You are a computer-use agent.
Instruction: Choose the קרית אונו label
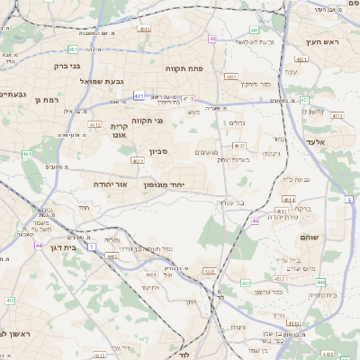(x=120, y=131)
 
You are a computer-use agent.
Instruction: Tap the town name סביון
(x=158, y=154)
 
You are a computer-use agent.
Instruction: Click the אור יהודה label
(x=108, y=184)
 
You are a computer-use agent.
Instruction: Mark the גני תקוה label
(x=147, y=120)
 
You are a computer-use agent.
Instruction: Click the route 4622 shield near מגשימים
(x=238, y=144)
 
